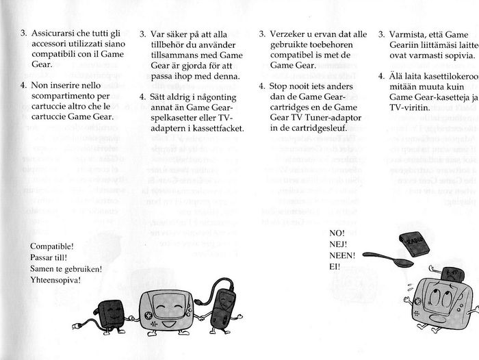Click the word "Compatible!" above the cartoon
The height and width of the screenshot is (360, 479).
(52, 246)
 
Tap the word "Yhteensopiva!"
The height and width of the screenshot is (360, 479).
(55, 280)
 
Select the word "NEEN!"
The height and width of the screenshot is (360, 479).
(342, 255)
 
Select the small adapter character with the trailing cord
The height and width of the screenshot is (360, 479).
(111, 316)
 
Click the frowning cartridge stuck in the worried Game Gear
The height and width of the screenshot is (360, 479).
(451, 274)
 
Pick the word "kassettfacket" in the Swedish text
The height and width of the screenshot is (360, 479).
(216, 129)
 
